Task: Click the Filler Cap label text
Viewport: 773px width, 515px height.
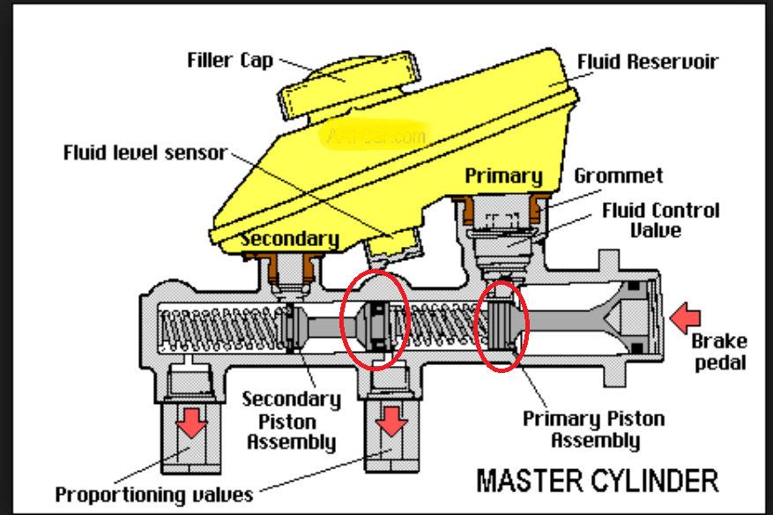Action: point(230,61)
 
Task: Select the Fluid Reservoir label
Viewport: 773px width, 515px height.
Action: point(647,62)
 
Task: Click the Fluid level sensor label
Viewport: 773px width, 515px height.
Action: point(145,153)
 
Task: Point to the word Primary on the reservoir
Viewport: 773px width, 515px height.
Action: point(502,176)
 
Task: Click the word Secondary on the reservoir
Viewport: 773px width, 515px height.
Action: point(290,239)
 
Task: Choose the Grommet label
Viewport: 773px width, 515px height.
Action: point(618,175)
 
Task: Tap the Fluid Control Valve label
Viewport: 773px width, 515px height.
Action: point(660,220)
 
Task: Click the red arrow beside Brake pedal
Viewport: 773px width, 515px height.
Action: point(685,313)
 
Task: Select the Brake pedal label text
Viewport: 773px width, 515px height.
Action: point(719,352)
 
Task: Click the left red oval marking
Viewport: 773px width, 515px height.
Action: point(375,321)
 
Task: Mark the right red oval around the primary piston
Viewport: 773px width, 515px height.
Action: point(502,323)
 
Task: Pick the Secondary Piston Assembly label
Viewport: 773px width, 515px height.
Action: point(290,420)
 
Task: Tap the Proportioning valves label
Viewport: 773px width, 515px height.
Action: point(153,494)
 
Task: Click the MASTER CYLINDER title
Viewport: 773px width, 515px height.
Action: point(597,480)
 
